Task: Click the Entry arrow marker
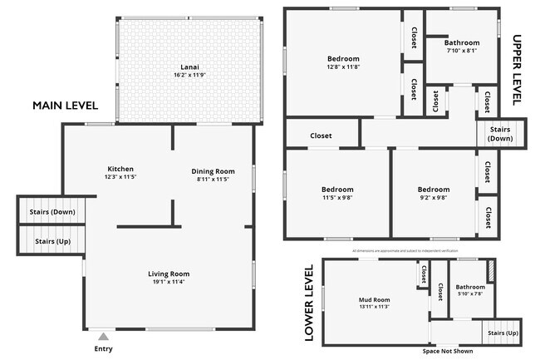point(102,337)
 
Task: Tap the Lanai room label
point(189,67)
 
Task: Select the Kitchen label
point(120,169)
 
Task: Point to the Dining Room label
point(213,171)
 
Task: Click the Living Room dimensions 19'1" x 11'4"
point(169,282)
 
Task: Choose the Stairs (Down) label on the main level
point(52,212)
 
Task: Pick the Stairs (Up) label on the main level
point(52,242)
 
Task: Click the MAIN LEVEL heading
point(65,106)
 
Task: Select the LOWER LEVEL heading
point(308,303)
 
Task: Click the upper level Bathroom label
point(461,42)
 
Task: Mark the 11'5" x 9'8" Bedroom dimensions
point(337,198)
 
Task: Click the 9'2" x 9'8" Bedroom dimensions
point(433,198)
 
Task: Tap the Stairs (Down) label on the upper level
point(500,134)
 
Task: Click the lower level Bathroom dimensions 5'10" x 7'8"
point(470,293)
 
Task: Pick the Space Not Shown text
point(448,351)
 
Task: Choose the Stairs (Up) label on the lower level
point(501,333)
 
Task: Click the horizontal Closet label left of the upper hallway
point(321,136)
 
